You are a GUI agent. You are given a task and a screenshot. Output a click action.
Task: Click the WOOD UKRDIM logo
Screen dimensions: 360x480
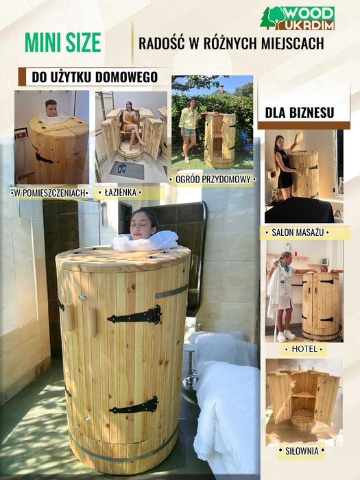pos(297,18)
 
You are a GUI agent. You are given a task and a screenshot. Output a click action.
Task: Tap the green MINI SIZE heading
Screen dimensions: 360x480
pos(63,43)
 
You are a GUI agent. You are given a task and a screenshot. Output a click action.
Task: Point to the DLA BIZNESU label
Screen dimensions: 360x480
pos(300,112)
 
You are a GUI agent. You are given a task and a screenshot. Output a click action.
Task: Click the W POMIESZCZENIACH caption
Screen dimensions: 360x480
pos(49,193)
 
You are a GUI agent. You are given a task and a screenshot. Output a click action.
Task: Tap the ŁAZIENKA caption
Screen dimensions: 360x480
pos(120,192)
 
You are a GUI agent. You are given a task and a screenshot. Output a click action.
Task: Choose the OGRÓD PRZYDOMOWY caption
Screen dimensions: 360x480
pos(213,179)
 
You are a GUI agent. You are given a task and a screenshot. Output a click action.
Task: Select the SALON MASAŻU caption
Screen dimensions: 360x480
pos(298,232)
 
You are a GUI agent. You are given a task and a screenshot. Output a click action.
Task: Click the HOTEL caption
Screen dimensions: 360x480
pos(304,348)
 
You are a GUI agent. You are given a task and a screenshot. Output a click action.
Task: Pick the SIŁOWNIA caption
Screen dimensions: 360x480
pos(302,451)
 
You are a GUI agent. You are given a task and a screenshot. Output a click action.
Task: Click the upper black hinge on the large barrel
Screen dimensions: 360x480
pos(134,315)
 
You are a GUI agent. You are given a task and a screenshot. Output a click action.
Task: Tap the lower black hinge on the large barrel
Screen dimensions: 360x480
pos(134,406)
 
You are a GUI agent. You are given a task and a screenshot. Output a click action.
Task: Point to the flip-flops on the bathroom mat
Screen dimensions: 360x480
pos(122,168)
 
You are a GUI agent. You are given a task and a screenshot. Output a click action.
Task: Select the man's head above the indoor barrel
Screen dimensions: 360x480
pos(51,108)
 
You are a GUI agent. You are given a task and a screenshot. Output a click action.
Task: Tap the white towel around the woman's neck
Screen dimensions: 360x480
pos(145,241)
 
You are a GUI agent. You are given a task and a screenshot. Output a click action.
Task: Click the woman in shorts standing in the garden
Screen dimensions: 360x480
pos(189,130)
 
